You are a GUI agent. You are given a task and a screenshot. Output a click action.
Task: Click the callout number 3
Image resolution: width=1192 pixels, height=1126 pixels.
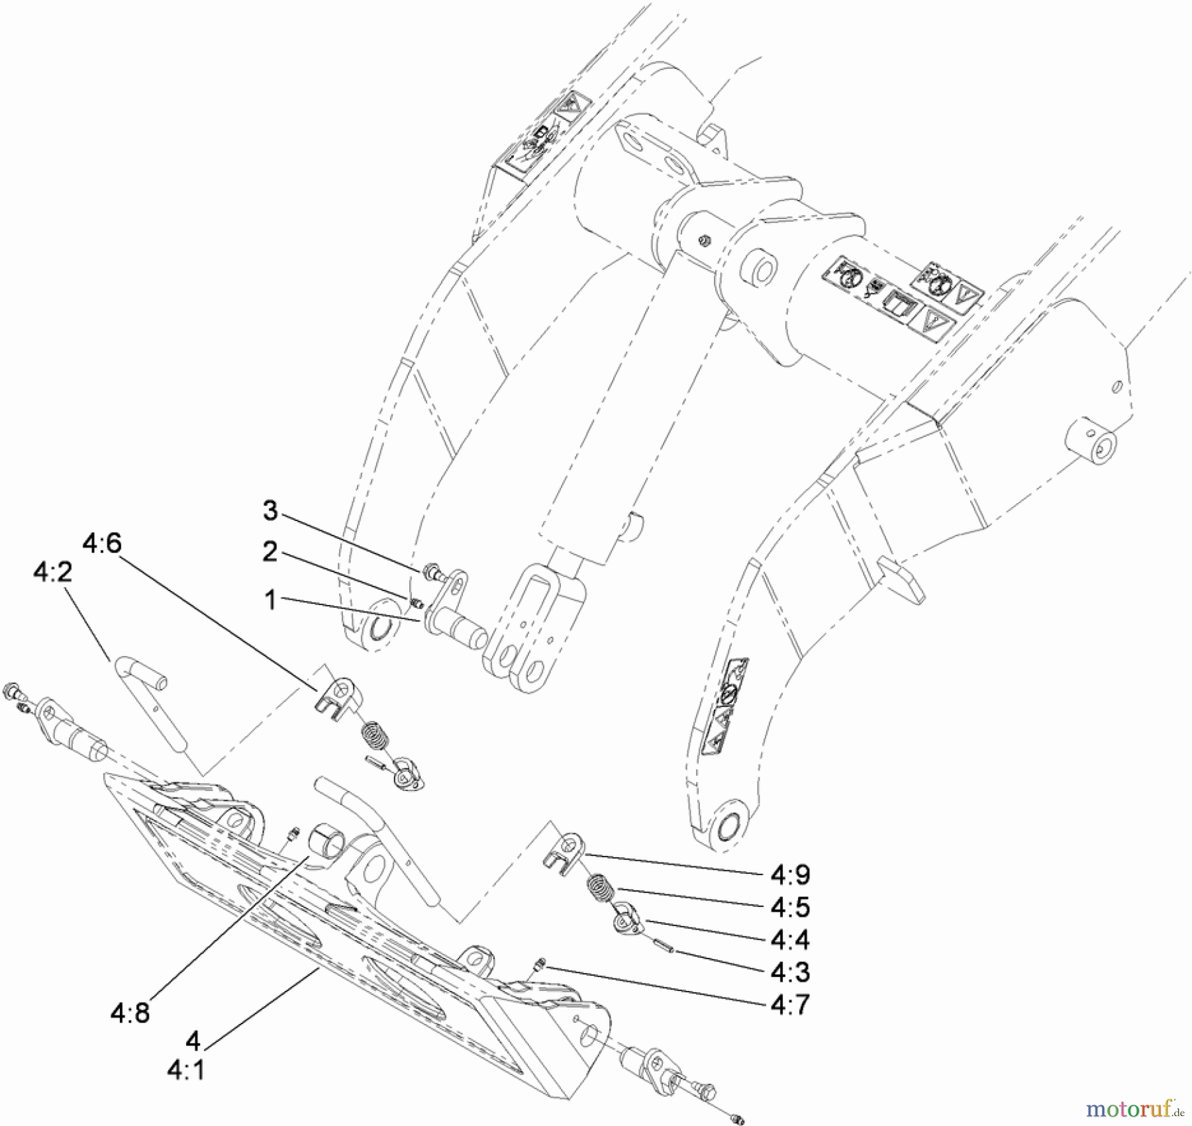[x=270, y=510]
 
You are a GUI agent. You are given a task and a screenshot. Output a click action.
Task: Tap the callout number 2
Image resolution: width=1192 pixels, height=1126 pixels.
[x=270, y=552]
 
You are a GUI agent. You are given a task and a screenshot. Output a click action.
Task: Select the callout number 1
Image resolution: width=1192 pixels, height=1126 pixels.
[x=270, y=600]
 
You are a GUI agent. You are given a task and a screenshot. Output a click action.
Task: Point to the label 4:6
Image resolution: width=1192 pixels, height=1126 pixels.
[x=102, y=543]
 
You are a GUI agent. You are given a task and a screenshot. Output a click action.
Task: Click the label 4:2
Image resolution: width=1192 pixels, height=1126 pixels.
[x=52, y=571]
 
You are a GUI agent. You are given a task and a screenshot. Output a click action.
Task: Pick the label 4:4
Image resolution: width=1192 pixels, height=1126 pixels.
[x=790, y=939]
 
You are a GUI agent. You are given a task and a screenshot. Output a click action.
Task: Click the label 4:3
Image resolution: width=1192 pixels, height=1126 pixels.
[x=790, y=972]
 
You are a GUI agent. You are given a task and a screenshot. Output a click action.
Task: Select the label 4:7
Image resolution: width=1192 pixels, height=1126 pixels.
[x=790, y=1004]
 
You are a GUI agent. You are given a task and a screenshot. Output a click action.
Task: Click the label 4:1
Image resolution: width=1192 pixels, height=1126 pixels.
[x=185, y=1070]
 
